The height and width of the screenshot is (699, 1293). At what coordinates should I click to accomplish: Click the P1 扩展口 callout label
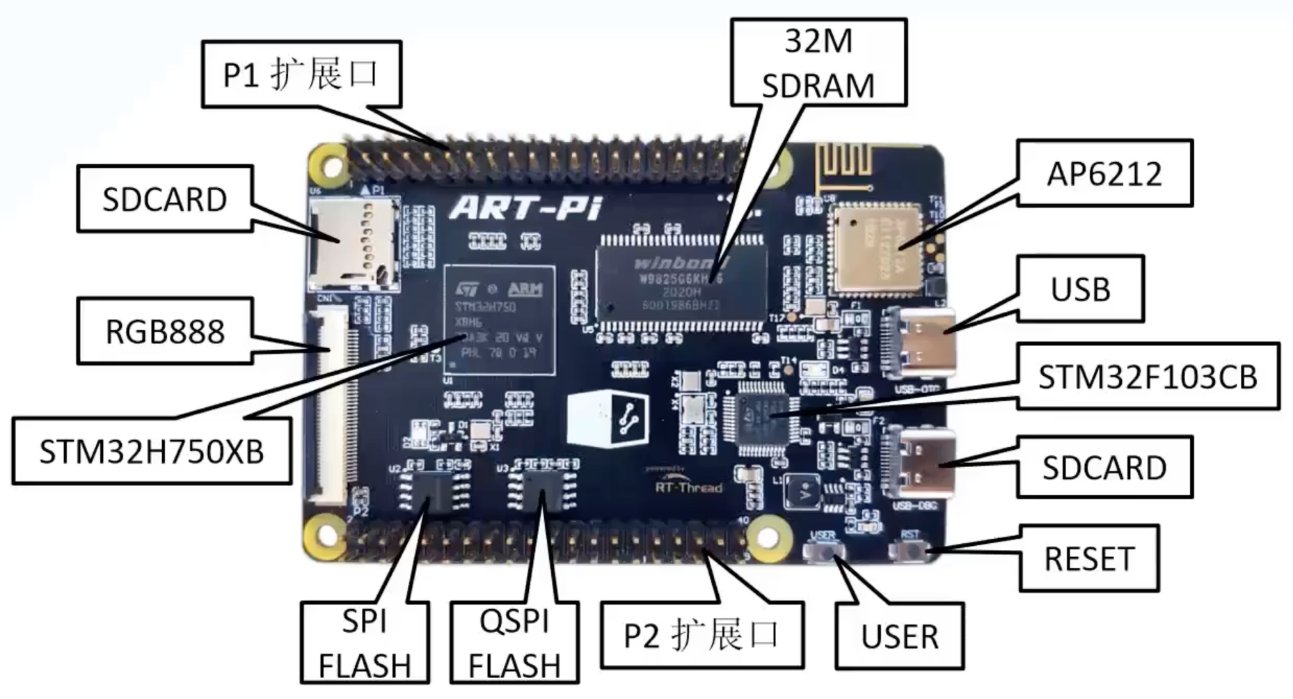[x=301, y=74]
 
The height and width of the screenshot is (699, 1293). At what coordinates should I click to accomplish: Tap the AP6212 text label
[x=1104, y=173]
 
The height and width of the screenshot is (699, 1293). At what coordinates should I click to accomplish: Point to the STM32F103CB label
[x=1148, y=377]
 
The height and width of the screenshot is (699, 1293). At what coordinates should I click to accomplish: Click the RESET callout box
[x=1089, y=558]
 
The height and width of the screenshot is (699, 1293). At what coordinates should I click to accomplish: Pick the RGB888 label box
[x=165, y=331]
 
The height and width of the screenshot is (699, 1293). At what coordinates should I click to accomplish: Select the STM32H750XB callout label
[x=152, y=451]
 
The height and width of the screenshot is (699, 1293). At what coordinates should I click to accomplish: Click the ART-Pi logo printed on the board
[x=525, y=207]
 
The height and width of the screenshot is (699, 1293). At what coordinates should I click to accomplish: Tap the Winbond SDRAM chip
[x=680, y=284]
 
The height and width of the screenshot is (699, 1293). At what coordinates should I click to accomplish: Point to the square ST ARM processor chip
[x=500, y=320]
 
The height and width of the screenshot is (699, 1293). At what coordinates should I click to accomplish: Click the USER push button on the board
[x=824, y=552]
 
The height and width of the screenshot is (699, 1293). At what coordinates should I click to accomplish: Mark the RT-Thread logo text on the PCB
[x=688, y=486]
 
